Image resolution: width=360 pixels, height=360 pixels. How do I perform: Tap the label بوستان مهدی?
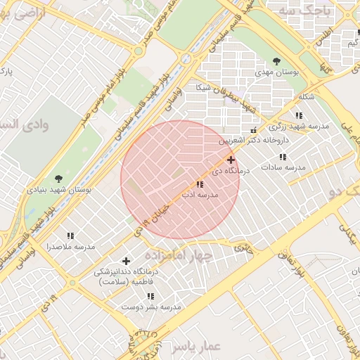[277, 73]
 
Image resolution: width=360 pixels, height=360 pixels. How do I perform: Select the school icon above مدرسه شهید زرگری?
[300, 115]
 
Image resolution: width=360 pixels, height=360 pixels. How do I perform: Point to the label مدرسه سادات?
[283, 167]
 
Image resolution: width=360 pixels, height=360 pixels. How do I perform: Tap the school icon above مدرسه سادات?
[283, 157]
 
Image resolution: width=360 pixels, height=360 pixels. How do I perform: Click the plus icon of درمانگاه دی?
[231, 160]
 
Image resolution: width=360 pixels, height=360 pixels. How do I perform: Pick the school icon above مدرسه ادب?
[200, 184]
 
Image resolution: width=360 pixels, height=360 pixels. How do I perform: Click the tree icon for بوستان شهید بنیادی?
[58, 179]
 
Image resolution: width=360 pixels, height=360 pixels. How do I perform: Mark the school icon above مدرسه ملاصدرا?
[70, 236]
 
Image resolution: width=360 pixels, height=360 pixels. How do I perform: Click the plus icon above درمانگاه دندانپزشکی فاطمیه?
[127, 261]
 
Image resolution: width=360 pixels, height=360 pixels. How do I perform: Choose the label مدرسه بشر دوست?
[152, 307]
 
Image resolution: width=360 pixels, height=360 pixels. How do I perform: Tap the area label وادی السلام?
[28, 124]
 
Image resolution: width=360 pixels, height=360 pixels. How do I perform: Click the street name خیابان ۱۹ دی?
[152, 211]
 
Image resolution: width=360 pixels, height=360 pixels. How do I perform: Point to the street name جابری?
[242, 247]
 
